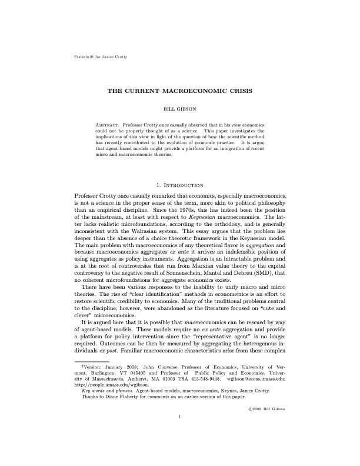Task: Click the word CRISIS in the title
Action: (x=237, y=92)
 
